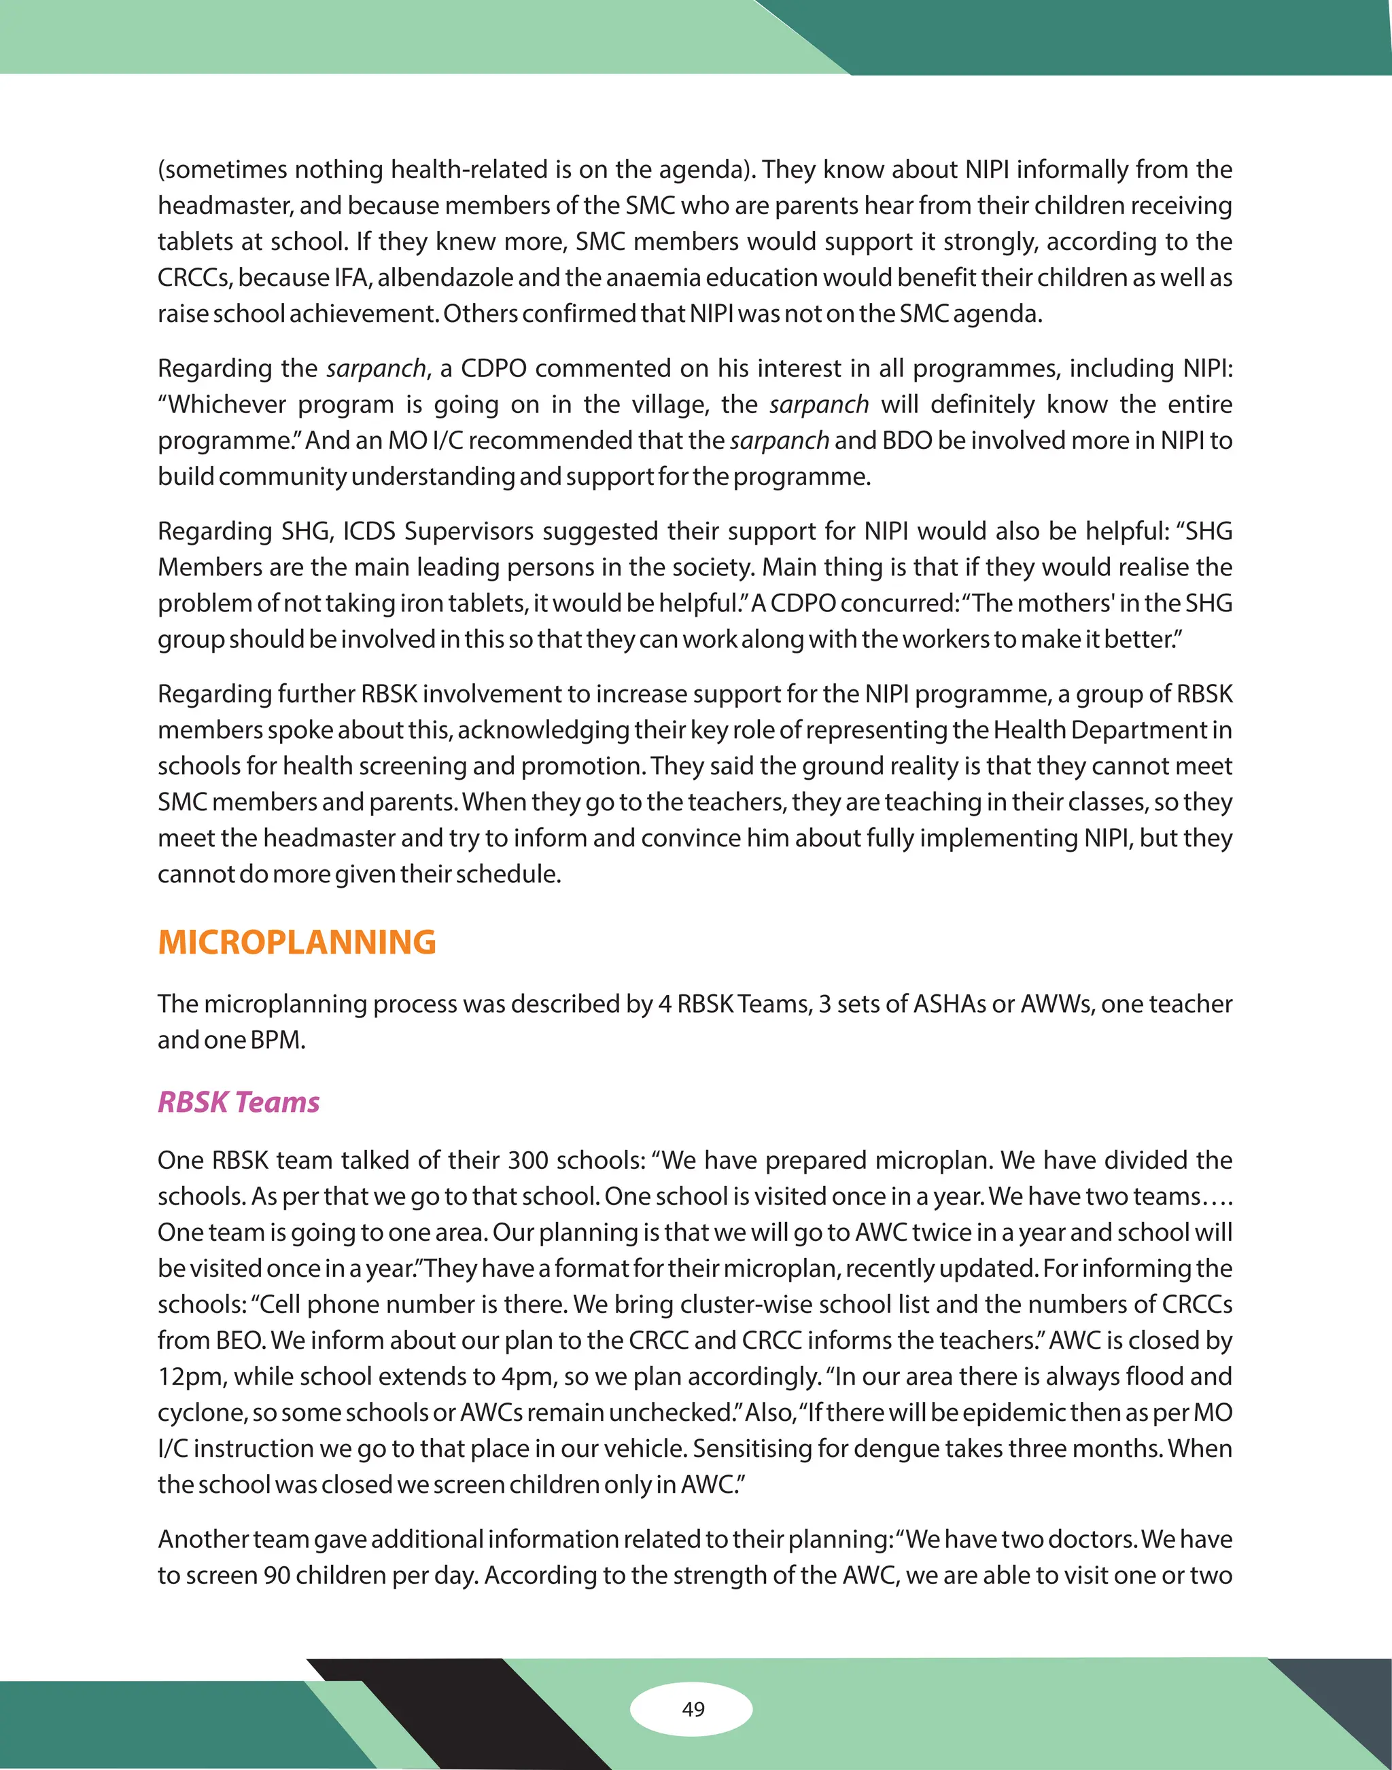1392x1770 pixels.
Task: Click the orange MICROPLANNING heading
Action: click(x=296, y=943)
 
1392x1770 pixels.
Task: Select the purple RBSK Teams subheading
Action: click(x=238, y=1102)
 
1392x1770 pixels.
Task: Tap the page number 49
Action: click(x=693, y=1709)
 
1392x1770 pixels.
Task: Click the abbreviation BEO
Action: click(x=240, y=1341)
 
